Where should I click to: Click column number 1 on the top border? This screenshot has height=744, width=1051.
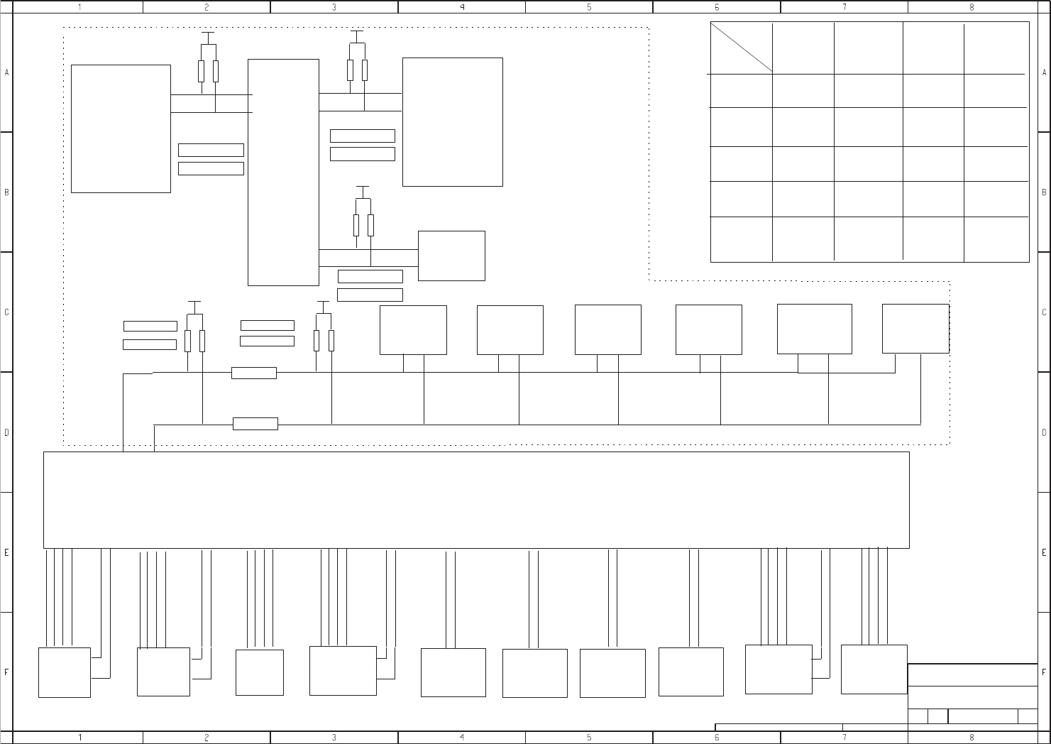click(x=79, y=7)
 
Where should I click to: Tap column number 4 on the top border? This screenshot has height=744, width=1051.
click(x=462, y=7)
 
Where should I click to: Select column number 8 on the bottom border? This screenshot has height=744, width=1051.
click(x=972, y=738)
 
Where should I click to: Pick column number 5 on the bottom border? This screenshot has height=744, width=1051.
click(x=589, y=738)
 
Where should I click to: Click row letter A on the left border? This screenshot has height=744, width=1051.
click(x=7, y=72)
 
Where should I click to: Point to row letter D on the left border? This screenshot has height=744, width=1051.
click(x=7, y=432)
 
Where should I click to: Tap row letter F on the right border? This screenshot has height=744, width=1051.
click(x=1044, y=672)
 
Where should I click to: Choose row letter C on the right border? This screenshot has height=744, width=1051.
click(x=1044, y=312)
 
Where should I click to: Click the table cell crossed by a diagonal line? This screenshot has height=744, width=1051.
click(x=741, y=48)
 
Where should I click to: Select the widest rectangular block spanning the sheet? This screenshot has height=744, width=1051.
click(x=476, y=500)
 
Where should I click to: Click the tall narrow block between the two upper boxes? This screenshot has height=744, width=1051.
click(x=283, y=172)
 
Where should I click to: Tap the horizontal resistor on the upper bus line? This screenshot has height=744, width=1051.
click(x=254, y=373)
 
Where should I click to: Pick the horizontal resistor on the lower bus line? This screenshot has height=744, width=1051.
click(x=255, y=424)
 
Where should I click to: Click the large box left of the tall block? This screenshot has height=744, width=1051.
click(x=121, y=128)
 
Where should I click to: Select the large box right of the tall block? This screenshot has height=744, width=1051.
click(x=453, y=122)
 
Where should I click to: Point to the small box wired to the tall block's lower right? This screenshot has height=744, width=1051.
click(x=451, y=256)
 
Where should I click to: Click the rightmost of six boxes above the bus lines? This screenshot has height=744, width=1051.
click(x=915, y=329)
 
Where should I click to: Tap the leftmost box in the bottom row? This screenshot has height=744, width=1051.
click(x=65, y=672)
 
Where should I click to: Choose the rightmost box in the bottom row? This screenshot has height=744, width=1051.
click(x=874, y=669)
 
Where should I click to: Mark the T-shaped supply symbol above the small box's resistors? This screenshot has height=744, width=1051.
click(x=363, y=188)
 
